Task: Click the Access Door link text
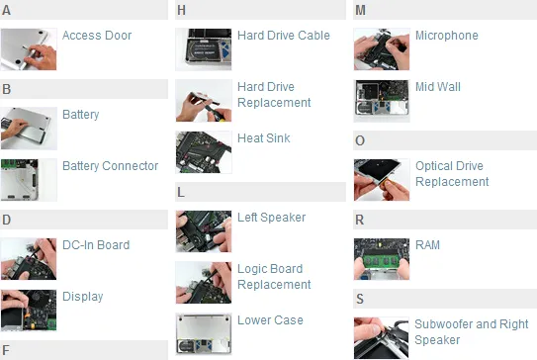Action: point(97,36)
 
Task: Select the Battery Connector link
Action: point(110,166)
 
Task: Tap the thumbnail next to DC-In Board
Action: point(30,258)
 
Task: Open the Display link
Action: point(82,297)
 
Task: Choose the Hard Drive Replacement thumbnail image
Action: point(204,100)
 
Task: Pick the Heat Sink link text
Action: point(264,138)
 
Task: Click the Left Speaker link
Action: point(271,218)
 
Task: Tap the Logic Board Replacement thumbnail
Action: point(204,282)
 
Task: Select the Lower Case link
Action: point(270,320)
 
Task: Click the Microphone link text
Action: point(446,36)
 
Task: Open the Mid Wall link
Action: point(437,87)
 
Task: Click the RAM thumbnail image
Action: point(382,258)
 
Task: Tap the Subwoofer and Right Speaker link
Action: point(470,332)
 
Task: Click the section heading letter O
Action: point(360,140)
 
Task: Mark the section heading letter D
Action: point(7,220)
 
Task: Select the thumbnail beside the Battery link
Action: point(30,128)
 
